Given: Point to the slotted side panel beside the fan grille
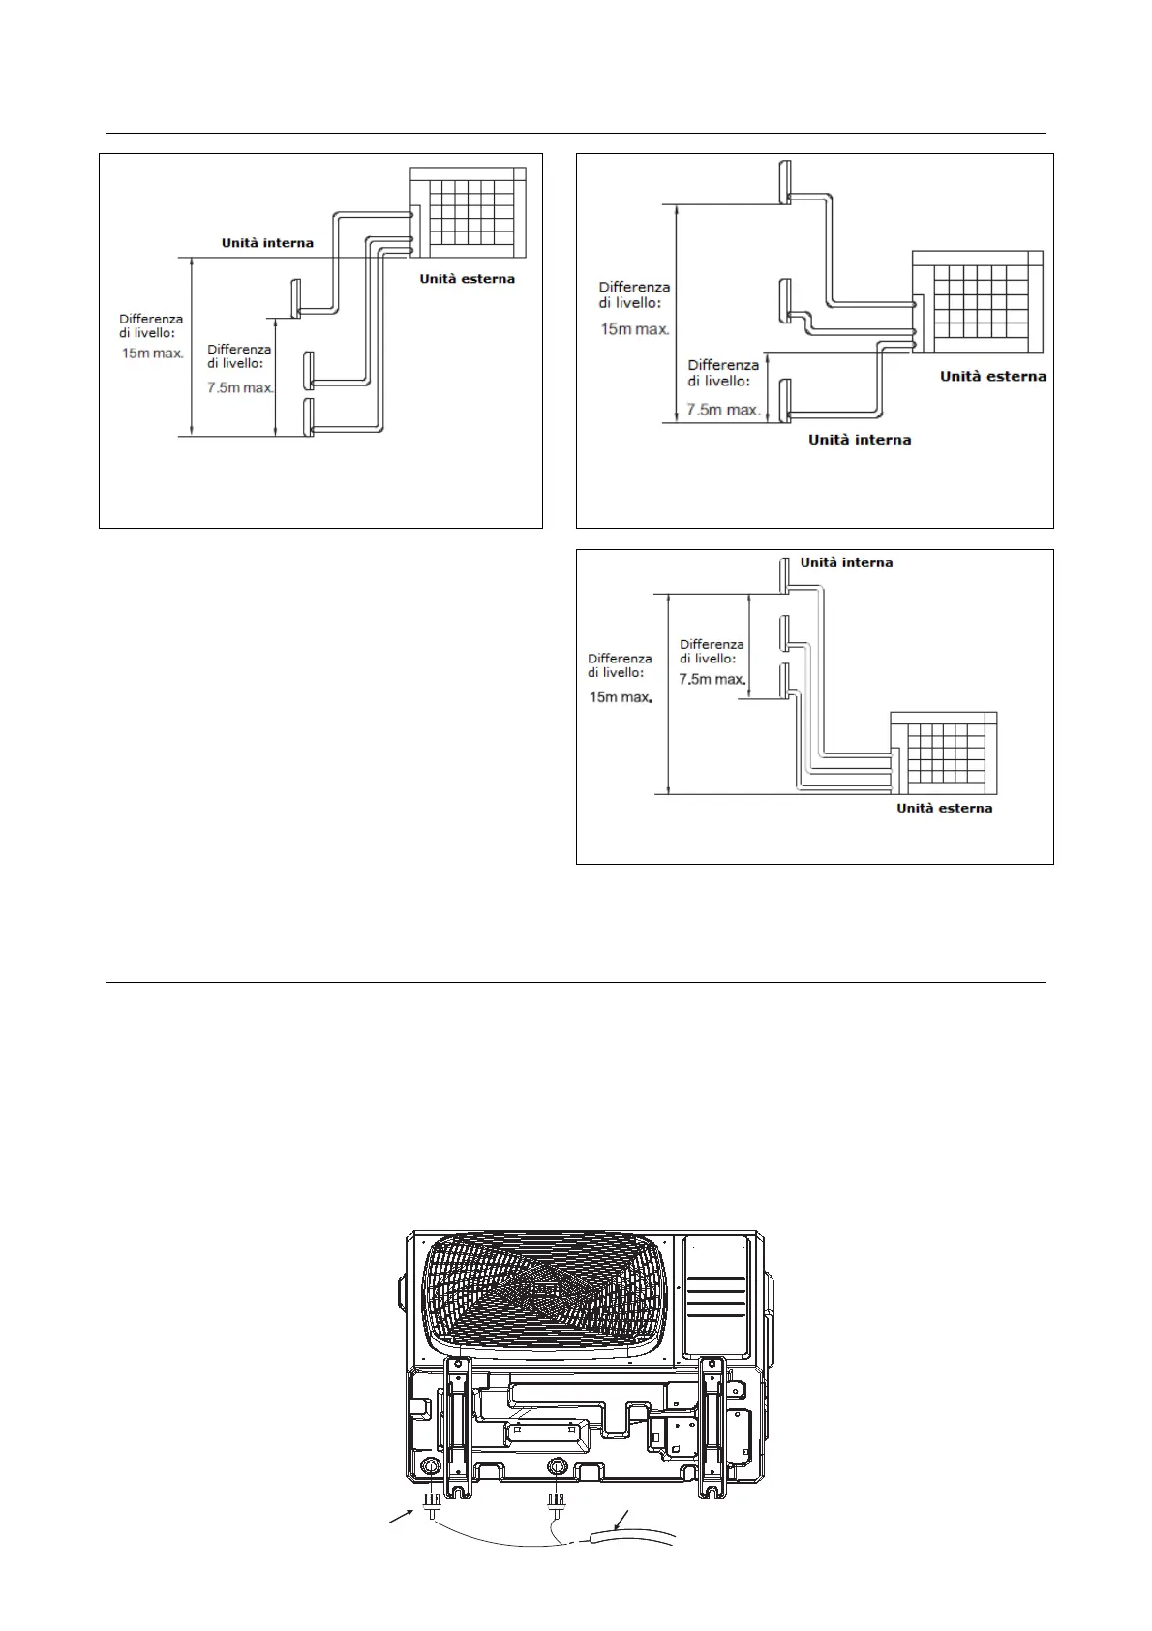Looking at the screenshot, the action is (715, 1298).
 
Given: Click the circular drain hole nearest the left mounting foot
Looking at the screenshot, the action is (429, 1468).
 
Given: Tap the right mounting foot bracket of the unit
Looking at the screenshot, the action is (713, 1424).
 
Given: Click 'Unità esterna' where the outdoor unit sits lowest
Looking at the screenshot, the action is (944, 808).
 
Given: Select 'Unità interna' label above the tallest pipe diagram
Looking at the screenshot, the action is (846, 562).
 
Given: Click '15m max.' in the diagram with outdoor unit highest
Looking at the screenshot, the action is (152, 354).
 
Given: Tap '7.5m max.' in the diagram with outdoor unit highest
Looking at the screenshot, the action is (241, 387).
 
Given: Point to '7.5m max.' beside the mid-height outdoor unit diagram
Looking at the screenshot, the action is (723, 410).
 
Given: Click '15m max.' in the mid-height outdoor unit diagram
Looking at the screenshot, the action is (635, 329).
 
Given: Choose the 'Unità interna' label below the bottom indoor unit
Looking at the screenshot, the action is (860, 440).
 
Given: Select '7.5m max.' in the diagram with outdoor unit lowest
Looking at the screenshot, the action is (712, 679).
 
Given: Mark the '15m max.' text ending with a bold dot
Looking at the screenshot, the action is (621, 697).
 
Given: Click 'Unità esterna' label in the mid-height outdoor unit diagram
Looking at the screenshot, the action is (992, 376).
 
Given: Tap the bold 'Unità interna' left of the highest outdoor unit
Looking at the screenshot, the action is (267, 243).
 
